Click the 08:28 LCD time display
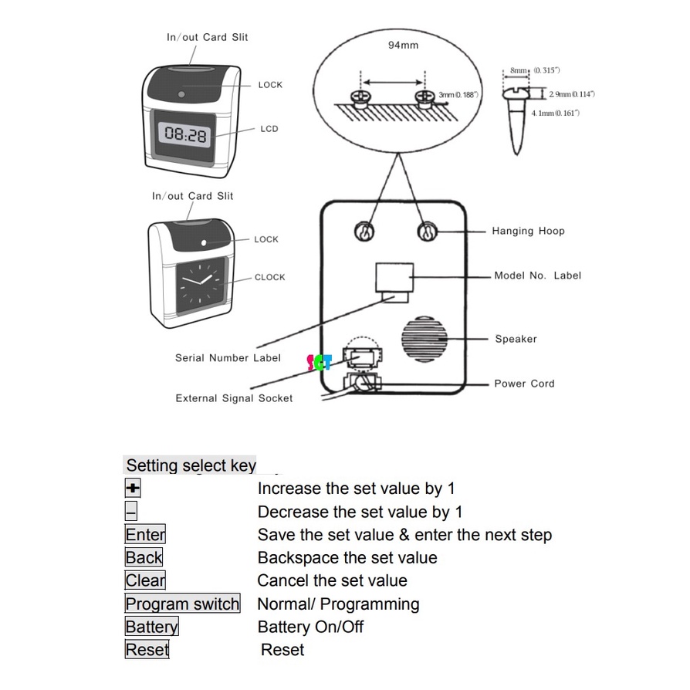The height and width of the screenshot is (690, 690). click(185, 135)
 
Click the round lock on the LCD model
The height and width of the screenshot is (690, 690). click(181, 94)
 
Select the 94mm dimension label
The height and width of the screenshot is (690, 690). click(403, 46)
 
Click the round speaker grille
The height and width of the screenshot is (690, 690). click(424, 339)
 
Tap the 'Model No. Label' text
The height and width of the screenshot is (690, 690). click(537, 276)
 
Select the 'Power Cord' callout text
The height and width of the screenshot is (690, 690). click(524, 384)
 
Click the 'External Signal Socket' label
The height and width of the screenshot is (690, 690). click(234, 398)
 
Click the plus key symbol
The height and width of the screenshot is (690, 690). click(133, 489)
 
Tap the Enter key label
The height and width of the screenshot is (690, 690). click(145, 534)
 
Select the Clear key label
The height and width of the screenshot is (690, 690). click(145, 580)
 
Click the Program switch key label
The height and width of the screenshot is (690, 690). click(182, 604)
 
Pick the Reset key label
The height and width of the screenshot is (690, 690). click(147, 650)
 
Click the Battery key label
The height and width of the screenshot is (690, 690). click(151, 627)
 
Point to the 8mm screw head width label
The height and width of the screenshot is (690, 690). click(519, 71)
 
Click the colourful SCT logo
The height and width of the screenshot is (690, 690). click(318, 362)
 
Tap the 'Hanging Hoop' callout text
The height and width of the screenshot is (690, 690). click(528, 231)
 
